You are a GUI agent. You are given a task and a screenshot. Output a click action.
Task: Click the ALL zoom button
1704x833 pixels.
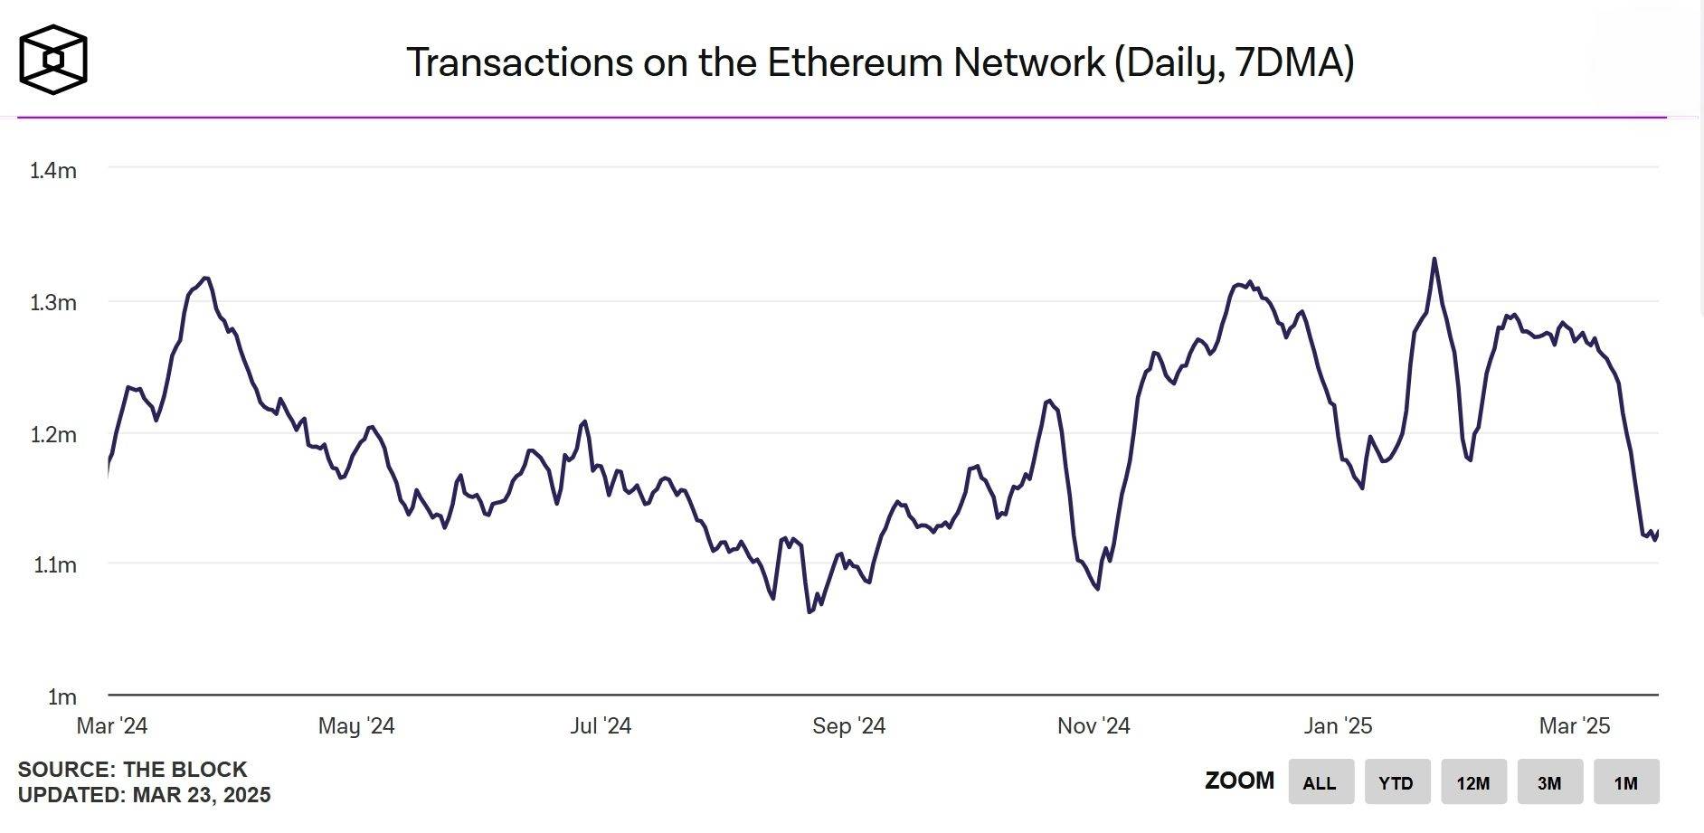coord(1321,782)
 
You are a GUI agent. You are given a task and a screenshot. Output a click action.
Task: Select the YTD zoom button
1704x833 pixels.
coord(1396,782)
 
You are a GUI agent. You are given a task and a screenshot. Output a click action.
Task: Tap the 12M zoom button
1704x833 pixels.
coord(1473,782)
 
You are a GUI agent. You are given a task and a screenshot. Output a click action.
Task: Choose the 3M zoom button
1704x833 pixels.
coord(1549,782)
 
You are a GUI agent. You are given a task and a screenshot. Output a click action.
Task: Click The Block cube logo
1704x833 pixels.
coord(53,60)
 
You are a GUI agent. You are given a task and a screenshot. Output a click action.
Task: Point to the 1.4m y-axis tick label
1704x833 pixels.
coord(53,170)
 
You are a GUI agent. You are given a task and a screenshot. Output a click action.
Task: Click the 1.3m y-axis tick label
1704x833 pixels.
coord(53,302)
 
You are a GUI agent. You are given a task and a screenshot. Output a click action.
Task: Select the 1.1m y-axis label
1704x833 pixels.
coord(54,565)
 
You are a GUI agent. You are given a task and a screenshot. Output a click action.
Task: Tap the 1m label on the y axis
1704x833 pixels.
coord(62,696)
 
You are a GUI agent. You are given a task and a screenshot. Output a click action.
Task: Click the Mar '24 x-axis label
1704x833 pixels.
coord(112,725)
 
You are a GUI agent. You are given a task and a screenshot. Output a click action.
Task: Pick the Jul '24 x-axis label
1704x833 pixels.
coord(601,725)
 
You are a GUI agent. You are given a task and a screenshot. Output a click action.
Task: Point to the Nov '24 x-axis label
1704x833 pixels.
coord(1093,725)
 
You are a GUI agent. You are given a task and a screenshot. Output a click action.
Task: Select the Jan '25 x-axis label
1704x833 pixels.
coord(1338,725)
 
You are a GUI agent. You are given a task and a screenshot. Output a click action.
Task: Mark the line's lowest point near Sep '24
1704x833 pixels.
coord(809,612)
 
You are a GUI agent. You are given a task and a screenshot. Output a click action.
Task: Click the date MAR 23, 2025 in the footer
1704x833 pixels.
coord(202,795)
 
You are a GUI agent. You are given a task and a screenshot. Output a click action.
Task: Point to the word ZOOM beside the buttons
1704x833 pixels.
coord(1239,781)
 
